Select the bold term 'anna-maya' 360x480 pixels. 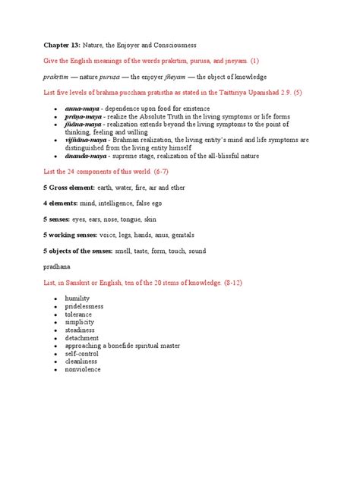click(81, 109)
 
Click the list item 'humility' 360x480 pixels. click(77, 298)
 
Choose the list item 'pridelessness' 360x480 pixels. click(84, 306)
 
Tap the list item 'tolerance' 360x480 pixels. click(79, 314)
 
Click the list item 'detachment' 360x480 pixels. click(82, 338)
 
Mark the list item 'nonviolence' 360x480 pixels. click(83, 370)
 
